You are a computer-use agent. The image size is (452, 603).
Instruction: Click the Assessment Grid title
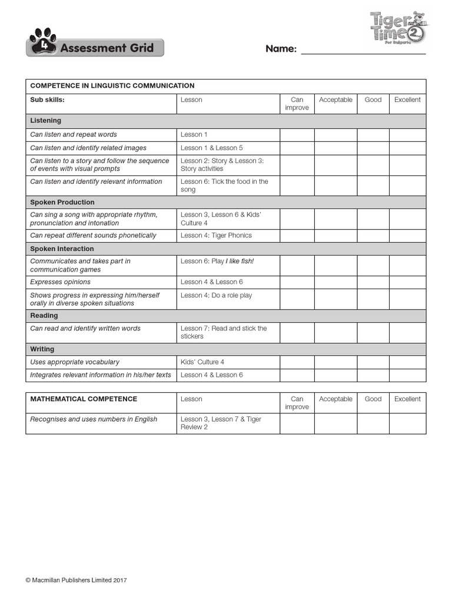coord(107,48)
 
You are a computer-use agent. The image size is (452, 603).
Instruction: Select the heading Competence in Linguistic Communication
coord(112,86)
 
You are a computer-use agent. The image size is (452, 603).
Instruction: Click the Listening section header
coord(46,121)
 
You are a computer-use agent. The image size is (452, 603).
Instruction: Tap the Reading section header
coord(44,316)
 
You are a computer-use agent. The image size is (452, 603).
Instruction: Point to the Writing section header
coord(42,349)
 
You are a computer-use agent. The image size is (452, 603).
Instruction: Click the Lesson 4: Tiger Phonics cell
coord(216,236)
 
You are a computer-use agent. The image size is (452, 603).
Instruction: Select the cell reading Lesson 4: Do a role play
coord(216,295)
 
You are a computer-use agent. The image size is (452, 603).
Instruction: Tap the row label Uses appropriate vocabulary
coord(75,362)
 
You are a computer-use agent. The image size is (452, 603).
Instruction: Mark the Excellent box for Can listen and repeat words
coord(407,135)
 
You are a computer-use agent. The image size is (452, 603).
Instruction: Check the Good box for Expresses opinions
coord(373,282)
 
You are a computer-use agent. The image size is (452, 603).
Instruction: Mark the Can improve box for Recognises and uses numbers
coord(297,423)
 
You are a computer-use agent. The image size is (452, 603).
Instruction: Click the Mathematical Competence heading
coord(84,399)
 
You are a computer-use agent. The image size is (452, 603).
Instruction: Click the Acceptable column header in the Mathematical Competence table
coord(335,399)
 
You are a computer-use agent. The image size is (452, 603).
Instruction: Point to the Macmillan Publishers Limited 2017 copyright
coord(77,581)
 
